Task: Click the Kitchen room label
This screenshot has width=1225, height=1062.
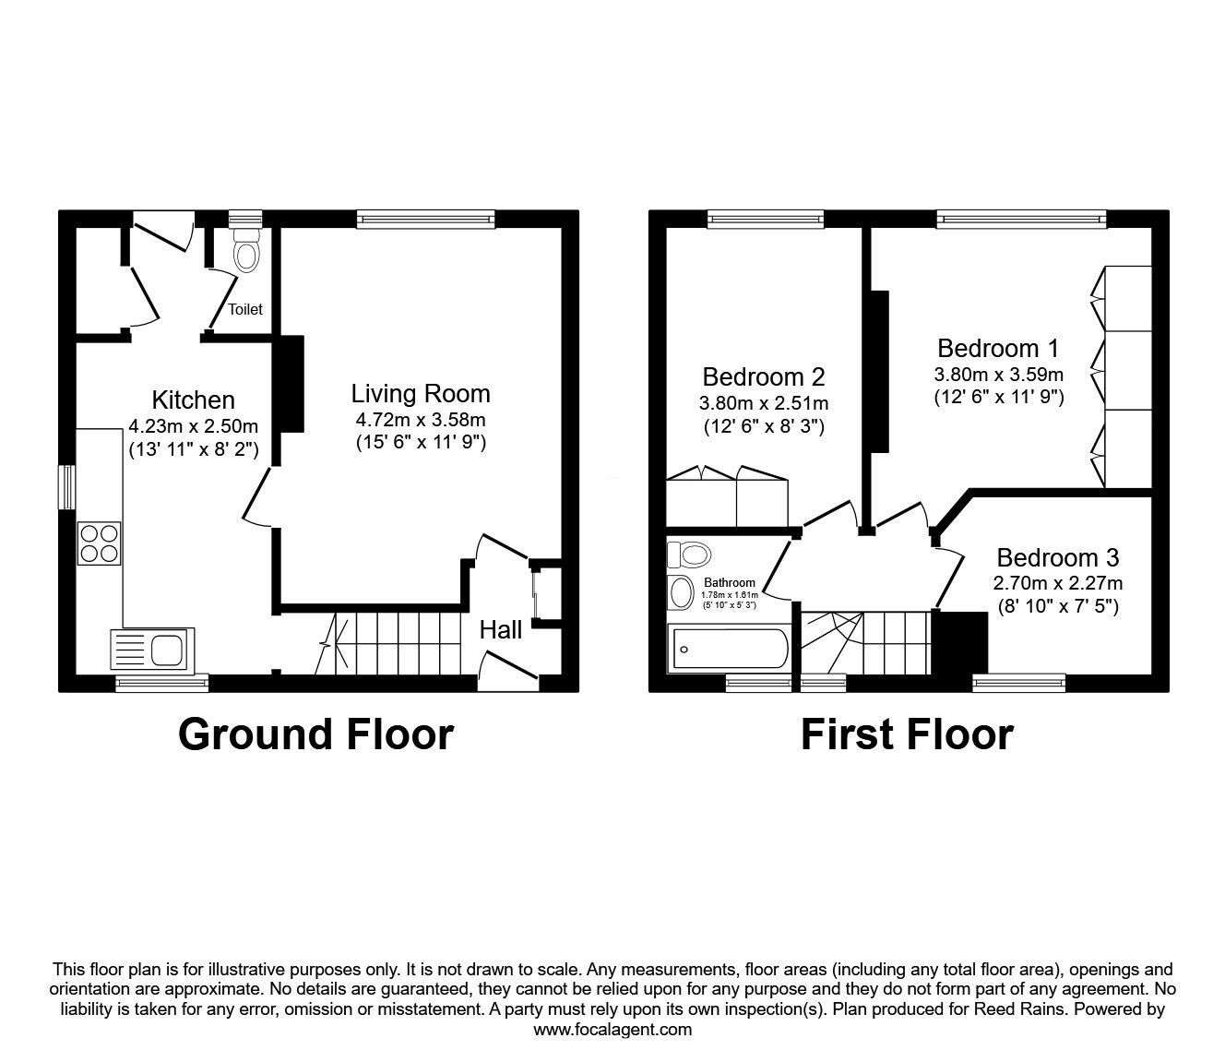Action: [x=193, y=400]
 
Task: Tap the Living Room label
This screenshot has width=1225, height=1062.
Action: [x=421, y=394]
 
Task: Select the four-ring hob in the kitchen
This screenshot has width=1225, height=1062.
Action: [x=100, y=543]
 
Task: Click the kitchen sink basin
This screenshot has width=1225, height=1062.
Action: [x=167, y=650]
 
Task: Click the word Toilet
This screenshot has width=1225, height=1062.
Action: [x=245, y=309]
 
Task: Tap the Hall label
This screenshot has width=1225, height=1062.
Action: [x=501, y=630]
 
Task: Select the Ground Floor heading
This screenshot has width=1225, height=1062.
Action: [x=315, y=734]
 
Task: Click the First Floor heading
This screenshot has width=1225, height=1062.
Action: [x=908, y=734]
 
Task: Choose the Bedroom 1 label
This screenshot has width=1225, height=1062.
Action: [x=998, y=348]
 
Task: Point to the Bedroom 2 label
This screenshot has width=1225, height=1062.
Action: [x=764, y=376]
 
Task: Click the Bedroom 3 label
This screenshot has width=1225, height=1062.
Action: [x=1058, y=557]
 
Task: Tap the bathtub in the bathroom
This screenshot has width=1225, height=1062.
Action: [x=728, y=649]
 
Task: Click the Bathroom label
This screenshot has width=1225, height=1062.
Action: [x=730, y=583]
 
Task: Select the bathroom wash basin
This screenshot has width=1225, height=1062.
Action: [x=681, y=591]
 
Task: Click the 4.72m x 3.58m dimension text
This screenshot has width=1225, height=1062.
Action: [x=421, y=420]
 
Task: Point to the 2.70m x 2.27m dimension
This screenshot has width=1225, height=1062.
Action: [x=1058, y=583]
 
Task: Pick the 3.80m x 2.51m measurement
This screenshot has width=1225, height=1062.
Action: [x=764, y=403]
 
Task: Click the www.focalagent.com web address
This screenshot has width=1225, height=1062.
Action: [x=612, y=1030]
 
